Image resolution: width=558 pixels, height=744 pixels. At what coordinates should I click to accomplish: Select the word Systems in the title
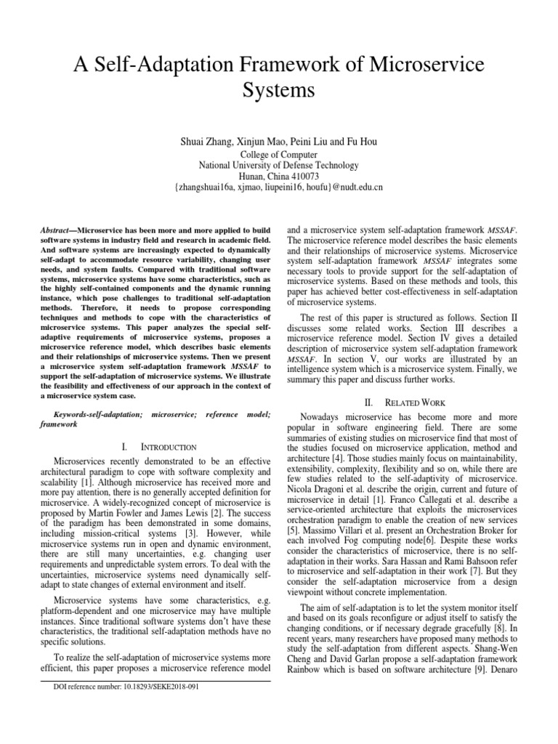279,92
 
